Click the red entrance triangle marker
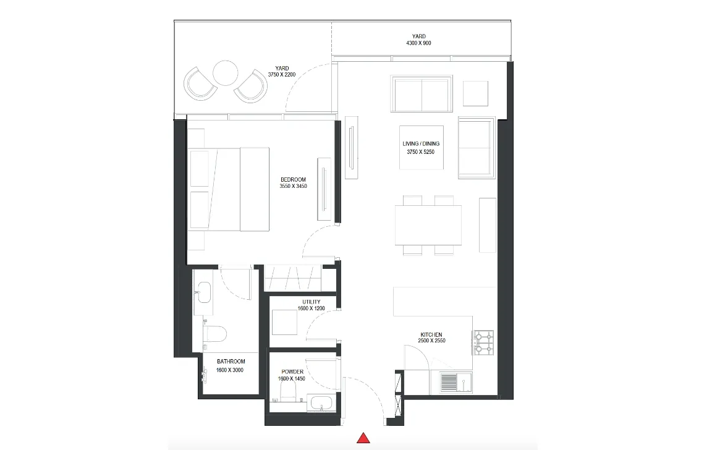(363, 438)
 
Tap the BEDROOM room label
(294, 179)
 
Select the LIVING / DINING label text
(421, 143)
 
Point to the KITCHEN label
(431, 334)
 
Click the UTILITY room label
(311, 302)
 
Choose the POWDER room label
(292, 371)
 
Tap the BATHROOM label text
(231, 362)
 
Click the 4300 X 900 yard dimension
(418, 43)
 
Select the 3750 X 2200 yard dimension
(282, 74)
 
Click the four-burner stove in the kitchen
(483, 342)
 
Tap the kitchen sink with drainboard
(456, 383)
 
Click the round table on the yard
(225, 73)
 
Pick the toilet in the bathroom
(214, 334)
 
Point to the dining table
(428, 225)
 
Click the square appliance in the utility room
(285, 323)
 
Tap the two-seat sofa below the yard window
(422, 93)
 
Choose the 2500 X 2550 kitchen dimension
(431, 341)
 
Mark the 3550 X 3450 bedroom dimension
(294, 186)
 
